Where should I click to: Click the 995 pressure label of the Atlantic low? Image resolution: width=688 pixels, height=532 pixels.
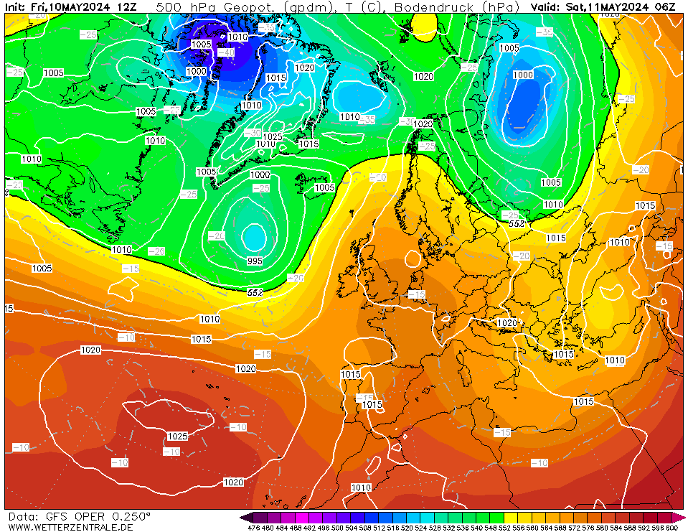click(x=255, y=261)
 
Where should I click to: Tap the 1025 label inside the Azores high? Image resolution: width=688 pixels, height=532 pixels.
click(x=177, y=436)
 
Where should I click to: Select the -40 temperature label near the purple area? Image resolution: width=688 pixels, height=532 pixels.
click(x=226, y=52)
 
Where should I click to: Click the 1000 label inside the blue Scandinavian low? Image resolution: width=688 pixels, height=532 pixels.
click(x=522, y=75)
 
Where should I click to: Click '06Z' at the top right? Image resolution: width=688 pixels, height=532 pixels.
click(x=665, y=6)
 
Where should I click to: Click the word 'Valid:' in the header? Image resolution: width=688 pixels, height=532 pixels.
click(x=547, y=6)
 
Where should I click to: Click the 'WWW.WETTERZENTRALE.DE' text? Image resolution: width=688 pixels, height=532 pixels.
click(x=70, y=527)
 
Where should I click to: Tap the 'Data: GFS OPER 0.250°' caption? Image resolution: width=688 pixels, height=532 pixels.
click(x=79, y=516)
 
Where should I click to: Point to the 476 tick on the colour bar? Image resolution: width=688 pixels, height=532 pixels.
click(x=253, y=528)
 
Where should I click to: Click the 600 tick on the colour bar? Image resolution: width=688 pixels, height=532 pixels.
click(x=671, y=528)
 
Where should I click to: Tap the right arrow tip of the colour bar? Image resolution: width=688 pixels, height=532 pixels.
click(x=683, y=517)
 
